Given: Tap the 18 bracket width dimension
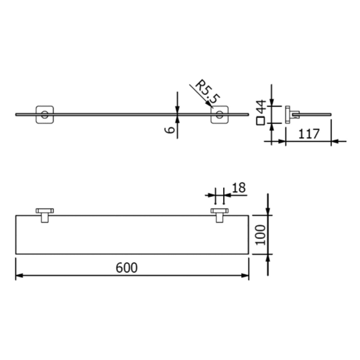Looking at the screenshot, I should pyautogui.click(x=239, y=188).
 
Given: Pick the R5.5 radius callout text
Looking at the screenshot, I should pyautogui.click(x=202, y=93).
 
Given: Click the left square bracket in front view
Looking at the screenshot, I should pyautogui.click(x=44, y=115).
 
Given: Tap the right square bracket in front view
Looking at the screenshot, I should pyautogui.click(x=220, y=115).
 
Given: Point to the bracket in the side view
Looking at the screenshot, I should pyautogui.click(x=291, y=115).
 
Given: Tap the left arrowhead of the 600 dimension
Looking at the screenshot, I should pyautogui.click(x=19, y=276).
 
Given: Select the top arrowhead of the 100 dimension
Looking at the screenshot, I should pyautogui.click(x=268, y=211).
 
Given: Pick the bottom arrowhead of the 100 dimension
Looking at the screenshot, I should pyautogui.click(x=268, y=258).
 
